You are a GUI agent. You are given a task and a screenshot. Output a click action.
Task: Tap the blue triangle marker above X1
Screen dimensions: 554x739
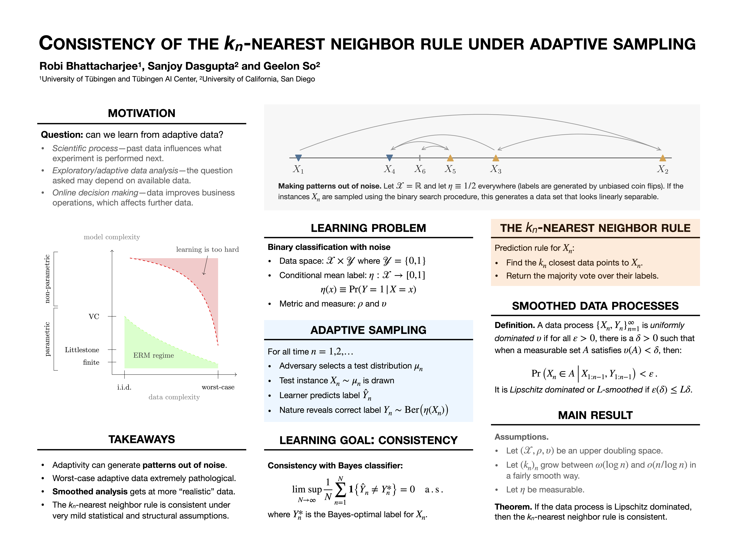point(298,158)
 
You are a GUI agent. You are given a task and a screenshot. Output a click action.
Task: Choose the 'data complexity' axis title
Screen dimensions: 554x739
point(174,397)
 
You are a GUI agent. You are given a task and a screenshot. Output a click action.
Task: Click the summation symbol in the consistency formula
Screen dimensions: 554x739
point(340,490)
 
